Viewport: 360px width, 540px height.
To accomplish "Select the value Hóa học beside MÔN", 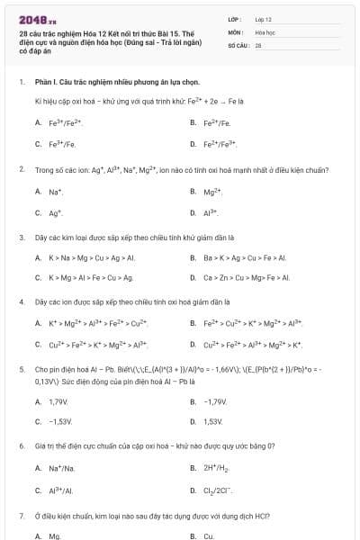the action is point(265,31).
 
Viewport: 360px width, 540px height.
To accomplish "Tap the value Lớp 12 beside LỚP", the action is point(263,18).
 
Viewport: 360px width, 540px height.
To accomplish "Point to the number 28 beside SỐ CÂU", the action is point(258,44).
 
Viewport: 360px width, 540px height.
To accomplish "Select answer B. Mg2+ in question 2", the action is point(211,191).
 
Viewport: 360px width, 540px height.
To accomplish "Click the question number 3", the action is point(22,237).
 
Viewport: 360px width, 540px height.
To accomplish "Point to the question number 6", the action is point(22,446).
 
